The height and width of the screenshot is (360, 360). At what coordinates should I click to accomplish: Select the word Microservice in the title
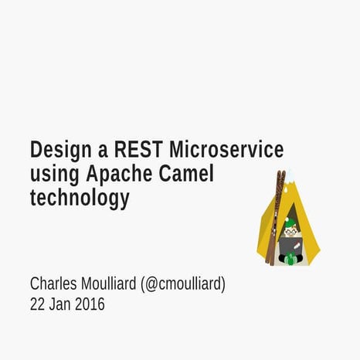coord(226,149)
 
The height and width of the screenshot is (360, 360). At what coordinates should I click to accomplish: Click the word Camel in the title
coord(186,174)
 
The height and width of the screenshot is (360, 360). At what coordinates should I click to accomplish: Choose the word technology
coord(79,199)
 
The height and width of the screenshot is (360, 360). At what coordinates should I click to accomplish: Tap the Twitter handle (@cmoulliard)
coord(184,284)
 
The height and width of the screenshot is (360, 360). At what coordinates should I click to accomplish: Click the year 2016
coord(88,304)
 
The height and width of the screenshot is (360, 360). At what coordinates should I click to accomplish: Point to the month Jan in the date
coord(58,304)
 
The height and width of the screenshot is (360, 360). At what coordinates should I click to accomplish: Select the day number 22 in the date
coord(37,304)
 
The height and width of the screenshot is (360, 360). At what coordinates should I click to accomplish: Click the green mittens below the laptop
coord(290,259)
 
